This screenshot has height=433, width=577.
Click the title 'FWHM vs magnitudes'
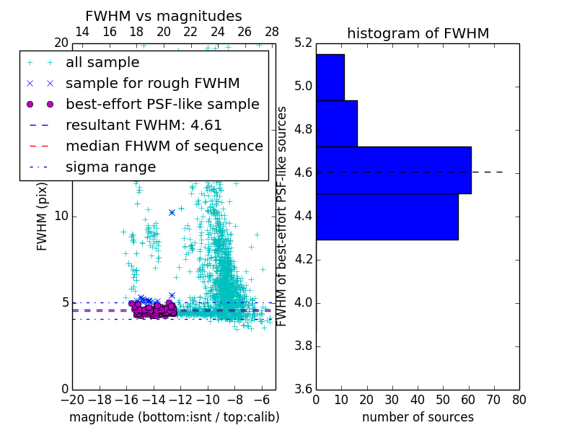tap(164, 16)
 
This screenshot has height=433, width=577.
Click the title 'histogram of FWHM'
tap(418, 33)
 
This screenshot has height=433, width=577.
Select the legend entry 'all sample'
tap(102, 62)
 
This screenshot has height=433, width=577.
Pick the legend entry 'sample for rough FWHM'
tap(152, 83)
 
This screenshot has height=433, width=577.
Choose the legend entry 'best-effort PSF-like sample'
tap(162, 104)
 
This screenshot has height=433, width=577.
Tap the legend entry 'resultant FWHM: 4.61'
tap(144, 125)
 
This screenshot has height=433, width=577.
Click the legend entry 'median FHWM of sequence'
tap(164, 146)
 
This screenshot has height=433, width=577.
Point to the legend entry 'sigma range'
tap(110, 167)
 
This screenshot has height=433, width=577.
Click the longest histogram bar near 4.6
tap(393, 170)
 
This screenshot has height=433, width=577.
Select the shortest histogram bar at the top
tap(330, 77)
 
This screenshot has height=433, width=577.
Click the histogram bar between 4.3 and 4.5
tap(387, 216)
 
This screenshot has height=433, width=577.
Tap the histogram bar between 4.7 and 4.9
tap(336, 123)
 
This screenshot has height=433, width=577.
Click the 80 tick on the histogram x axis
tap(519, 399)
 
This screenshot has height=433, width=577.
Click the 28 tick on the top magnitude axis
tap(272, 32)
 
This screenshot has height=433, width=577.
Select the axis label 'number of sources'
tap(418, 417)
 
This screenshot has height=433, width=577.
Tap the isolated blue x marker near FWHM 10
tap(172, 212)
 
